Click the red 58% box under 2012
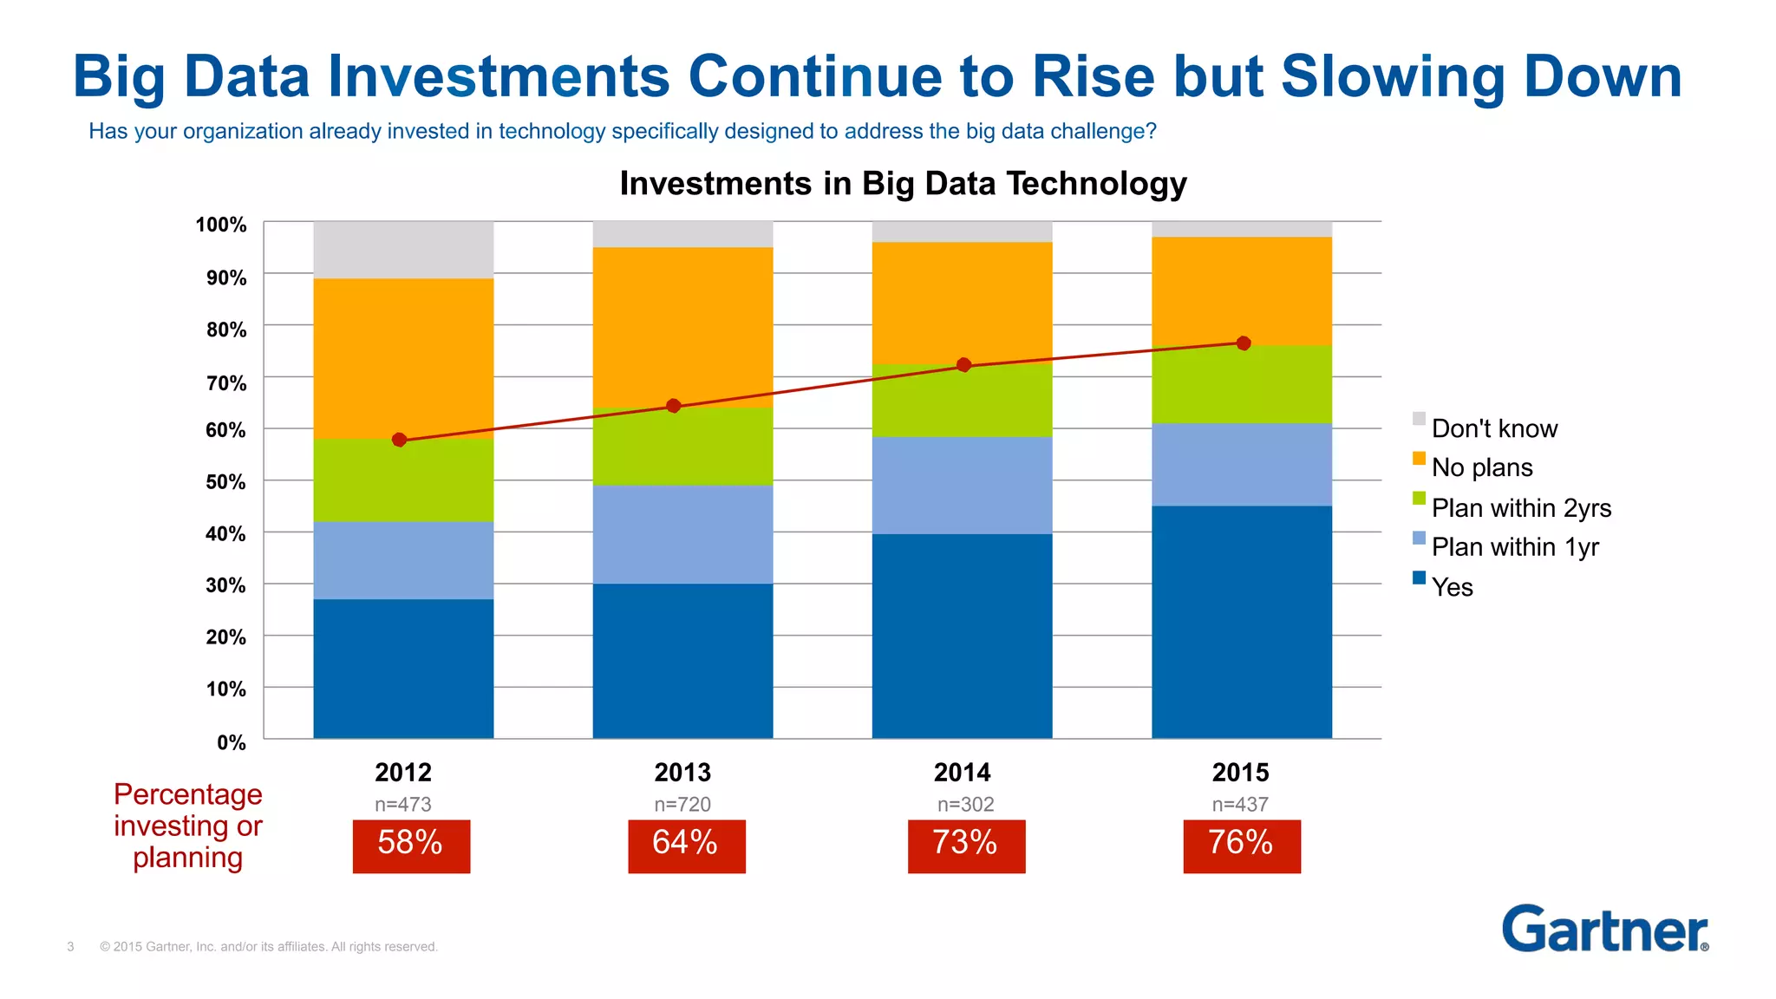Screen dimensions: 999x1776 411,846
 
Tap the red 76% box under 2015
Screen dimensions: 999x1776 1241,846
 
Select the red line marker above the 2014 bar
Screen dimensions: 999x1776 963,365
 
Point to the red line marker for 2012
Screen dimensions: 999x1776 399,440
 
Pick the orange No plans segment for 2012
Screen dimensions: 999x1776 403,357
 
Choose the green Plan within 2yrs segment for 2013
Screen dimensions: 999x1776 682,446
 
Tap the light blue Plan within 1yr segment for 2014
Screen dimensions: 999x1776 962,485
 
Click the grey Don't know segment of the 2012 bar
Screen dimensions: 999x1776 403,250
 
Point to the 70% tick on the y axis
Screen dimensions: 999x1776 226,382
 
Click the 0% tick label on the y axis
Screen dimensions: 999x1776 232,742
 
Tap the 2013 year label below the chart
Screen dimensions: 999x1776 682,772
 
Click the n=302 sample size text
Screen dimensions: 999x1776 965,805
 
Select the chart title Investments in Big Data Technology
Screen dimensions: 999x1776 903,184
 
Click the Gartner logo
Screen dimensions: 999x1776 1604,929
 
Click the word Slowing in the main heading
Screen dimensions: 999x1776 1393,77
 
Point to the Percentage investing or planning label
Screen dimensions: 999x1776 188,826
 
